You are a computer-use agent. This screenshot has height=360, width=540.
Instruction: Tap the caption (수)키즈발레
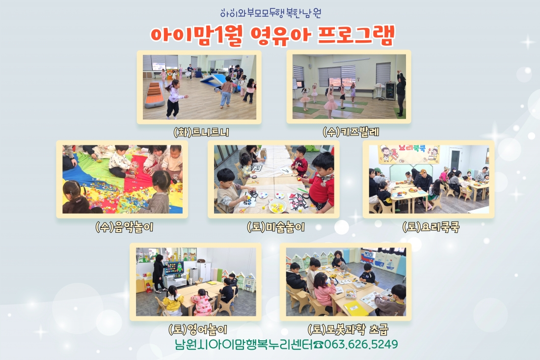[x=351, y=132]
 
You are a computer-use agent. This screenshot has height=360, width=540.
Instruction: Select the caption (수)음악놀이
[x=124, y=227]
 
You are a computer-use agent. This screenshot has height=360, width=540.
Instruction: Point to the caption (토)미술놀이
[x=275, y=227]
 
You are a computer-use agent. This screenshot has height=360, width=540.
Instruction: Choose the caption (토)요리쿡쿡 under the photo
[x=430, y=227]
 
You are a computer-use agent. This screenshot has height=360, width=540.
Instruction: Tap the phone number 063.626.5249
[x=361, y=344]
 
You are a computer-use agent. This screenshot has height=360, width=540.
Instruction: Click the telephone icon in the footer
[x=319, y=345]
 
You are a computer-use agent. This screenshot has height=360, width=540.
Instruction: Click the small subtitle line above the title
[x=271, y=13]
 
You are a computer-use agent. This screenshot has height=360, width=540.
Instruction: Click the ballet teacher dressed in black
[x=401, y=93]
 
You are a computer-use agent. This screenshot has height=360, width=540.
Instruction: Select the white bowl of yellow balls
[x=277, y=206]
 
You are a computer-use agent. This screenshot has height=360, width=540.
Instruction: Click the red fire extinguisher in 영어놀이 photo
[x=149, y=287]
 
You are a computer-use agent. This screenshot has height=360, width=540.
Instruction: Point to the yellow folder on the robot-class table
[x=355, y=309]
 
